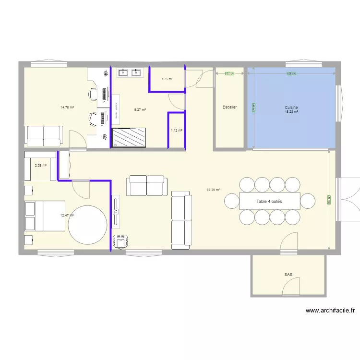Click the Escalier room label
pos(229,107)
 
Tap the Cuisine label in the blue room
pos(291,108)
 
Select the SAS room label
pos(288,275)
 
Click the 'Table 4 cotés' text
pos(269,202)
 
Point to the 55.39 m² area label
pos(213,190)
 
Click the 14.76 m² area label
pos(67,108)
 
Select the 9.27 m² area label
pos(140,110)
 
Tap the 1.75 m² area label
pos(167,79)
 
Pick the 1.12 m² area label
pos(176,130)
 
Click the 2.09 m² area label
pos(40,166)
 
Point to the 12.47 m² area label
pos(67,216)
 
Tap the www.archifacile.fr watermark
pos(330,311)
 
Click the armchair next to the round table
pos(120,242)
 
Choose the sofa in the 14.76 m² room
pos(44,135)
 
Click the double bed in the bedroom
pos(44,216)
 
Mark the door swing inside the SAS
pos(290,287)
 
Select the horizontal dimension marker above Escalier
pos(229,73)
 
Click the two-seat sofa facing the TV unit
pos(147,185)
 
